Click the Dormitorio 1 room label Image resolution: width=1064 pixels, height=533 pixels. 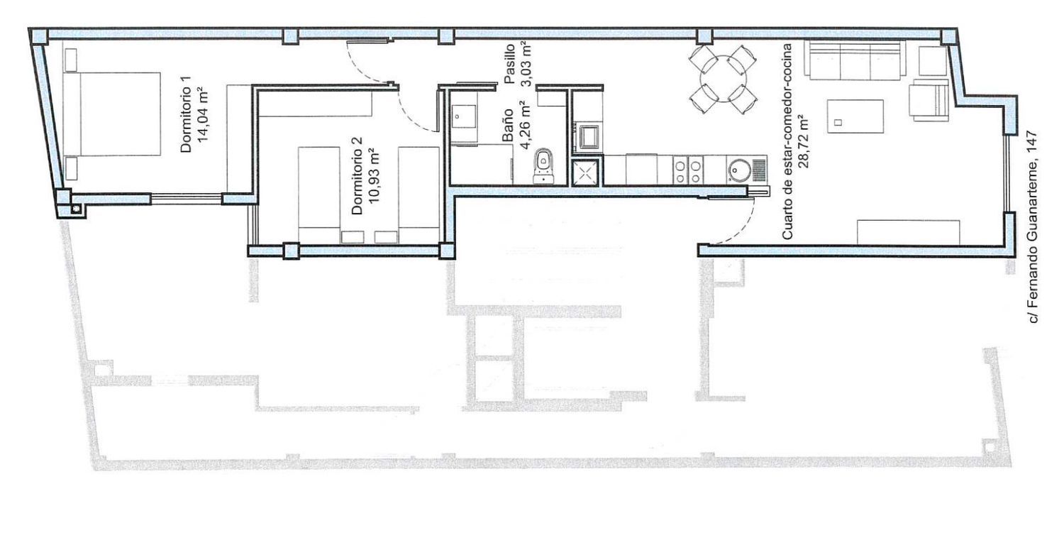[186, 114]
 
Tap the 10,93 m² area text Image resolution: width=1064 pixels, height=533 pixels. [373, 175]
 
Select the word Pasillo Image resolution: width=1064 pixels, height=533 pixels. [510, 64]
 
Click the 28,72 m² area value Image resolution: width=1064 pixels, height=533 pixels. [804, 141]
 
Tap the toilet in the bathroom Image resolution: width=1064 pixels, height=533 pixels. [544, 166]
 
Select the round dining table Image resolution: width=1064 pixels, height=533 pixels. [723, 79]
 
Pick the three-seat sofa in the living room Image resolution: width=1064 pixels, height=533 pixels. [853, 60]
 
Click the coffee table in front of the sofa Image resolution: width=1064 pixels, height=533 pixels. [855, 116]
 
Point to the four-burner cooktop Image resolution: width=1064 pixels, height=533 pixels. [688, 170]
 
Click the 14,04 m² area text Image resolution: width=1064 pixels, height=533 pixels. [203, 114]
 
